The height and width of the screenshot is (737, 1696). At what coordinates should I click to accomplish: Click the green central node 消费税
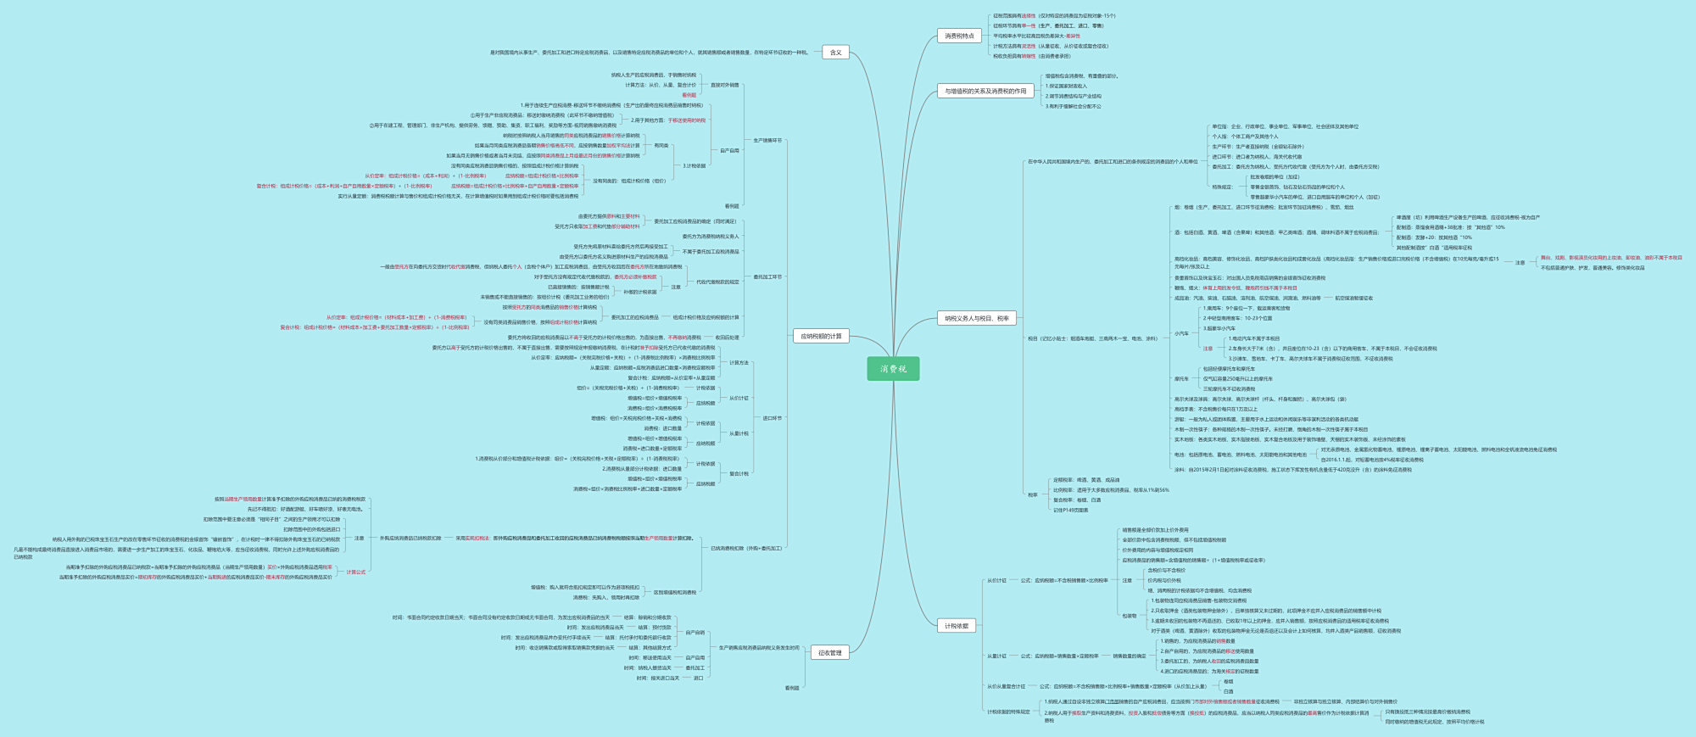[x=893, y=369]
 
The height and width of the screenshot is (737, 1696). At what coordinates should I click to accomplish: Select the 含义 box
[x=835, y=53]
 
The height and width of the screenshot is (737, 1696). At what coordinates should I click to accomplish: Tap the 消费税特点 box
[x=959, y=36]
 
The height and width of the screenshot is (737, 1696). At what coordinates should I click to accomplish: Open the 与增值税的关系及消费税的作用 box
[x=985, y=91]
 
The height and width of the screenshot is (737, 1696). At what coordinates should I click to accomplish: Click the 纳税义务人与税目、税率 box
[x=977, y=318]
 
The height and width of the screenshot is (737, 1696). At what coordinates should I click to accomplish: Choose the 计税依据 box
[x=957, y=626]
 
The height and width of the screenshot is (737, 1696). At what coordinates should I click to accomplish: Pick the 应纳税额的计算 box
[x=821, y=336]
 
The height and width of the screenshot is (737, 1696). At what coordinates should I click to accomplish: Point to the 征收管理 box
[x=829, y=653]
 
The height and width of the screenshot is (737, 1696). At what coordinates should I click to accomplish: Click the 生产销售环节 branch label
[x=767, y=141]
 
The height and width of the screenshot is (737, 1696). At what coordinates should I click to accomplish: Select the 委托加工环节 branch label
[x=767, y=277]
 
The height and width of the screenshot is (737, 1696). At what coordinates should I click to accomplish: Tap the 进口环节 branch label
[x=772, y=418]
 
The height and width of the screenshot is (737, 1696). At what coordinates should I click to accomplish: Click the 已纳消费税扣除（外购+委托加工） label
[x=746, y=549]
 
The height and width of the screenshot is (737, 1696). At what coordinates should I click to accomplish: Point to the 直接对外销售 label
[x=724, y=85]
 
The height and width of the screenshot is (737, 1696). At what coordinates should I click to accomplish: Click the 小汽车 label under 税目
[x=1181, y=333]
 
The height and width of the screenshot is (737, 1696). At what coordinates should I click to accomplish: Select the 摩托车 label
[x=1181, y=379]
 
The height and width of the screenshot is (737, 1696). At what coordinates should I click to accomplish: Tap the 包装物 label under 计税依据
[x=1129, y=616]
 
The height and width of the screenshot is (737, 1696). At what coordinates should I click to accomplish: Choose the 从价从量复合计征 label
[x=1006, y=686]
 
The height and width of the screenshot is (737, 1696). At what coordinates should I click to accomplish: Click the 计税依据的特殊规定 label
[x=1007, y=712]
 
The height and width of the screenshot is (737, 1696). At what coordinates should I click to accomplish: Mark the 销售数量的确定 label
[x=1129, y=656]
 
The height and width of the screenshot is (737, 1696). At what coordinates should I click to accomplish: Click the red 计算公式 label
[x=356, y=572]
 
